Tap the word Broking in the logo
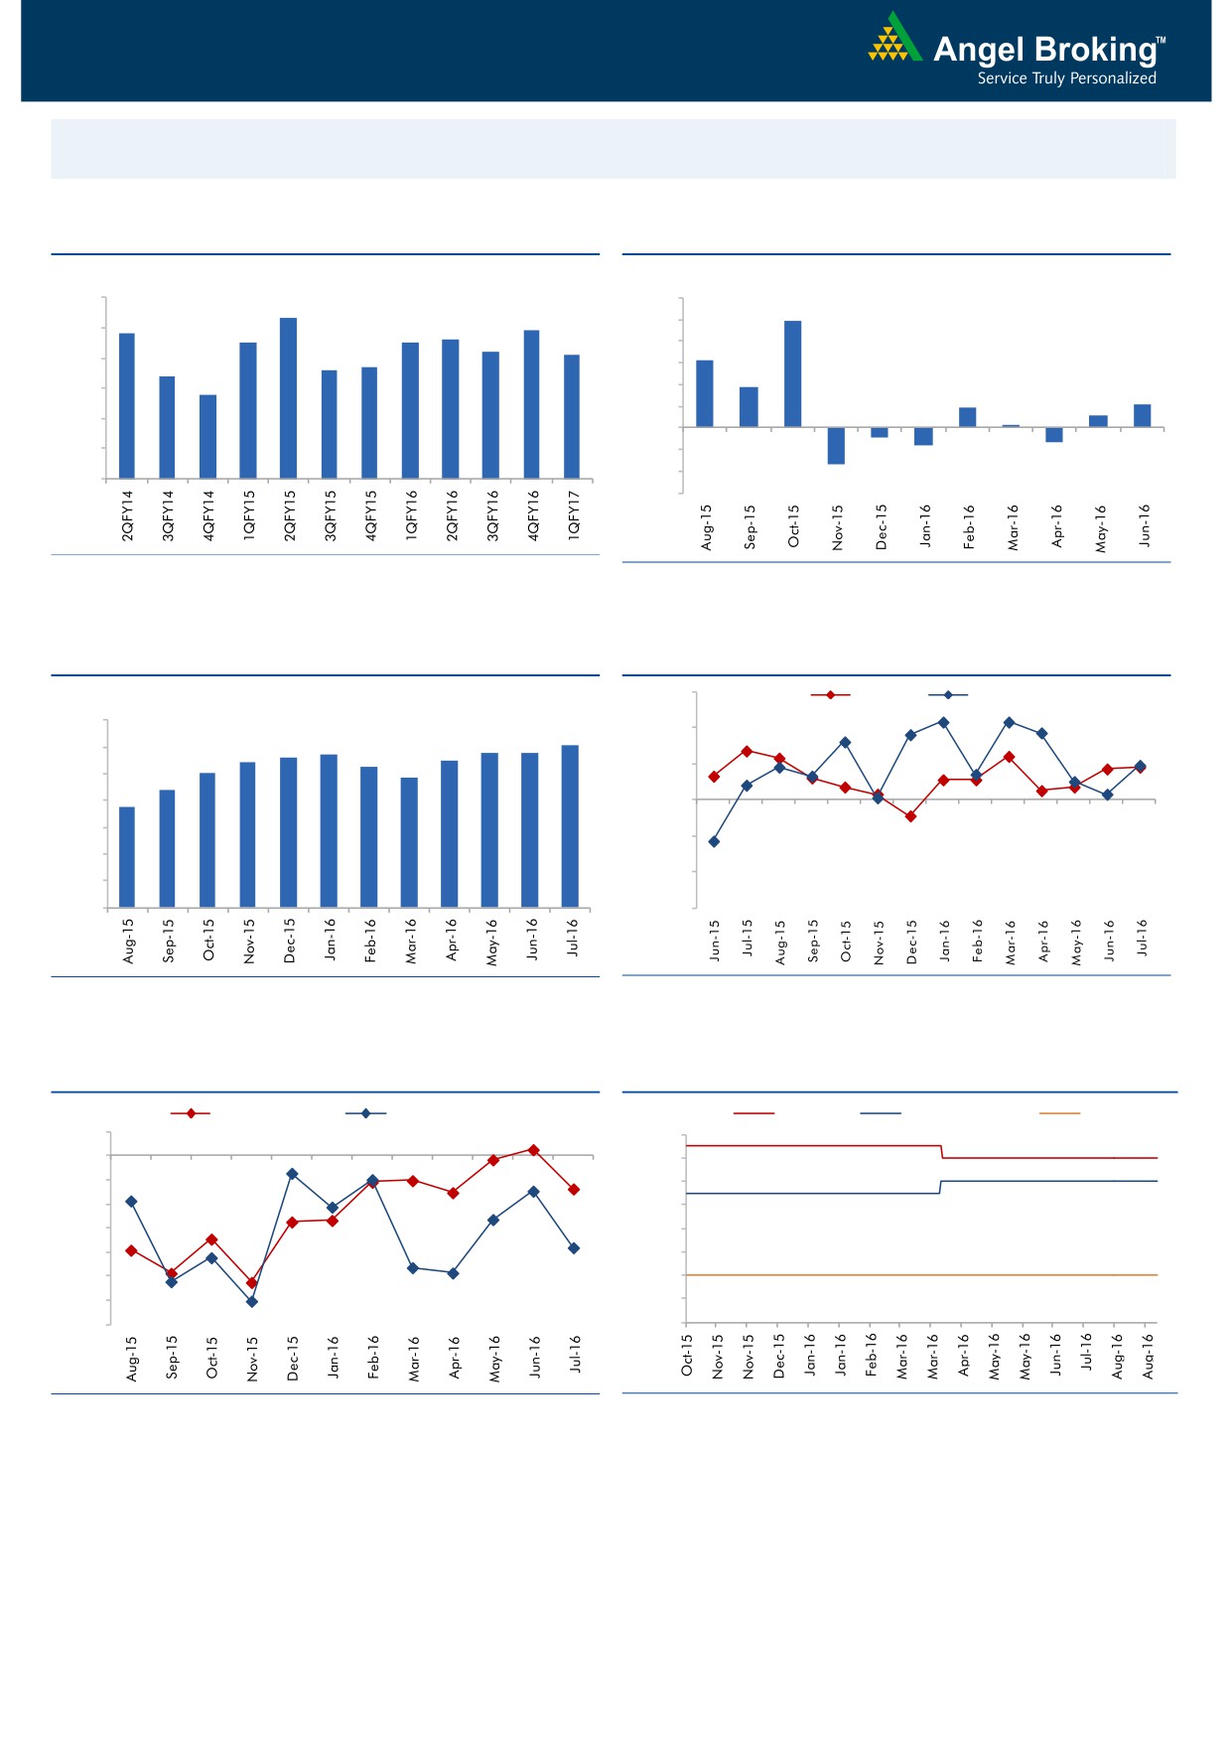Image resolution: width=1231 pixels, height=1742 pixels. click(1095, 50)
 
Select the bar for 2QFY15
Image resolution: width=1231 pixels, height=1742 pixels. click(289, 397)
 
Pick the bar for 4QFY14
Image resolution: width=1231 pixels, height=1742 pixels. click(207, 436)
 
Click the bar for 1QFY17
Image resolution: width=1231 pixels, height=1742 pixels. click(572, 416)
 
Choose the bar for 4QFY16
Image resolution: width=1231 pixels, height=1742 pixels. click(531, 403)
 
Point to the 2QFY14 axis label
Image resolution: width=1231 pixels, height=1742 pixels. click(127, 515)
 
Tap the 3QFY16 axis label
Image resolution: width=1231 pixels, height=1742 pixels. click(492, 515)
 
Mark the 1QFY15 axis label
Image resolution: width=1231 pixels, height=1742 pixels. click(249, 515)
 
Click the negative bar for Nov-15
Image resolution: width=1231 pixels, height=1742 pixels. click(836, 446)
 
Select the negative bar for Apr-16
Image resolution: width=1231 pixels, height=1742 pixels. click(1054, 435)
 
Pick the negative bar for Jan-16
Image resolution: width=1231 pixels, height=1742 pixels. click(923, 436)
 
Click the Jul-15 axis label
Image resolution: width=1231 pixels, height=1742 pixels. click(748, 938)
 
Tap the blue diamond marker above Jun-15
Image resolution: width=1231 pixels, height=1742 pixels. click(714, 841)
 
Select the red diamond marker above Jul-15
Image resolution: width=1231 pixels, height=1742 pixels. click(747, 751)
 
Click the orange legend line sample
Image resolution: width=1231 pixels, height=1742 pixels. click(1059, 1113)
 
